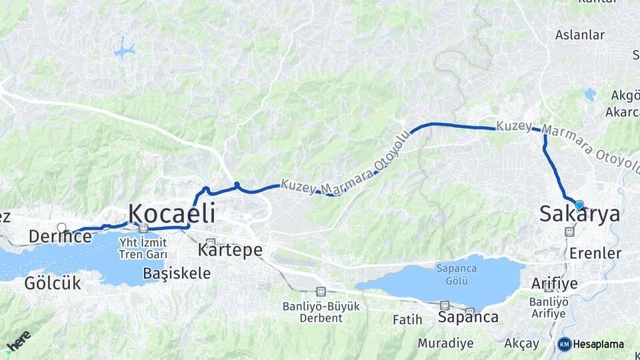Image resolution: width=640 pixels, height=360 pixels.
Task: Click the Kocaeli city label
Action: [171, 213]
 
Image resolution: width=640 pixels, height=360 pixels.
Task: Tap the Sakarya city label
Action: [579, 214]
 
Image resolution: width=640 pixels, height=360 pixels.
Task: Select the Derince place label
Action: [60, 236]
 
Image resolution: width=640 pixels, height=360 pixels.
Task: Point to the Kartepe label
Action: [229, 250]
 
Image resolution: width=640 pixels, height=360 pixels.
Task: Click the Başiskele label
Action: [177, 273]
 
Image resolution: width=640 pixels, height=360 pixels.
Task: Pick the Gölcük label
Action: [53, 283]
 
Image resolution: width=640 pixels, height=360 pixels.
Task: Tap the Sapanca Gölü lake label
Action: [453, 274]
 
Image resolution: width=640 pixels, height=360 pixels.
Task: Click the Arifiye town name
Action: [554, 283]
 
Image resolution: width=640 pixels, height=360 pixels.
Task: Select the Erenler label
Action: [595, 253]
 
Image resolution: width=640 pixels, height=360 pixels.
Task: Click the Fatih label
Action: [407, 320]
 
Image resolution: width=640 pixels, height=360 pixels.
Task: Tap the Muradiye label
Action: [445, 343]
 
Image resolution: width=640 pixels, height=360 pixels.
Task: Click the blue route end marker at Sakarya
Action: [579, 205]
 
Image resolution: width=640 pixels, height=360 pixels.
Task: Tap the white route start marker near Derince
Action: [62, 228]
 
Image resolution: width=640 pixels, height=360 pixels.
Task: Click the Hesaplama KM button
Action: [591, 344]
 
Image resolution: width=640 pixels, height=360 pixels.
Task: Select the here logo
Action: [18, 341]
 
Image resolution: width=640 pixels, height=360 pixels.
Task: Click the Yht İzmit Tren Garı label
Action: [141, 248]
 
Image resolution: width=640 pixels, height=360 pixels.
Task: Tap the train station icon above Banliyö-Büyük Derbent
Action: [321, 291]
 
